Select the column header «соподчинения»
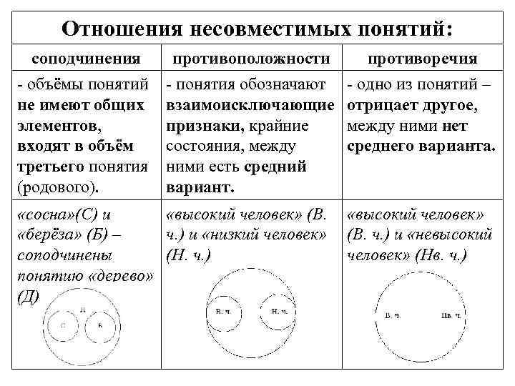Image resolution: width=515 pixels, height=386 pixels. tap(88, 58)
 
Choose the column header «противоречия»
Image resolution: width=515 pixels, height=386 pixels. tap(422, 58)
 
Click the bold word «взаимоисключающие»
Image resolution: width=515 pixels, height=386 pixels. tap(250, 106)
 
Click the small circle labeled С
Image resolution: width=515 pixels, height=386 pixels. tap(63, 325)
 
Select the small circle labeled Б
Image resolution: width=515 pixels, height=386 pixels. tap(99, 325)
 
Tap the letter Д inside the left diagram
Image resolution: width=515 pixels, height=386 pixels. tap(82, 309)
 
